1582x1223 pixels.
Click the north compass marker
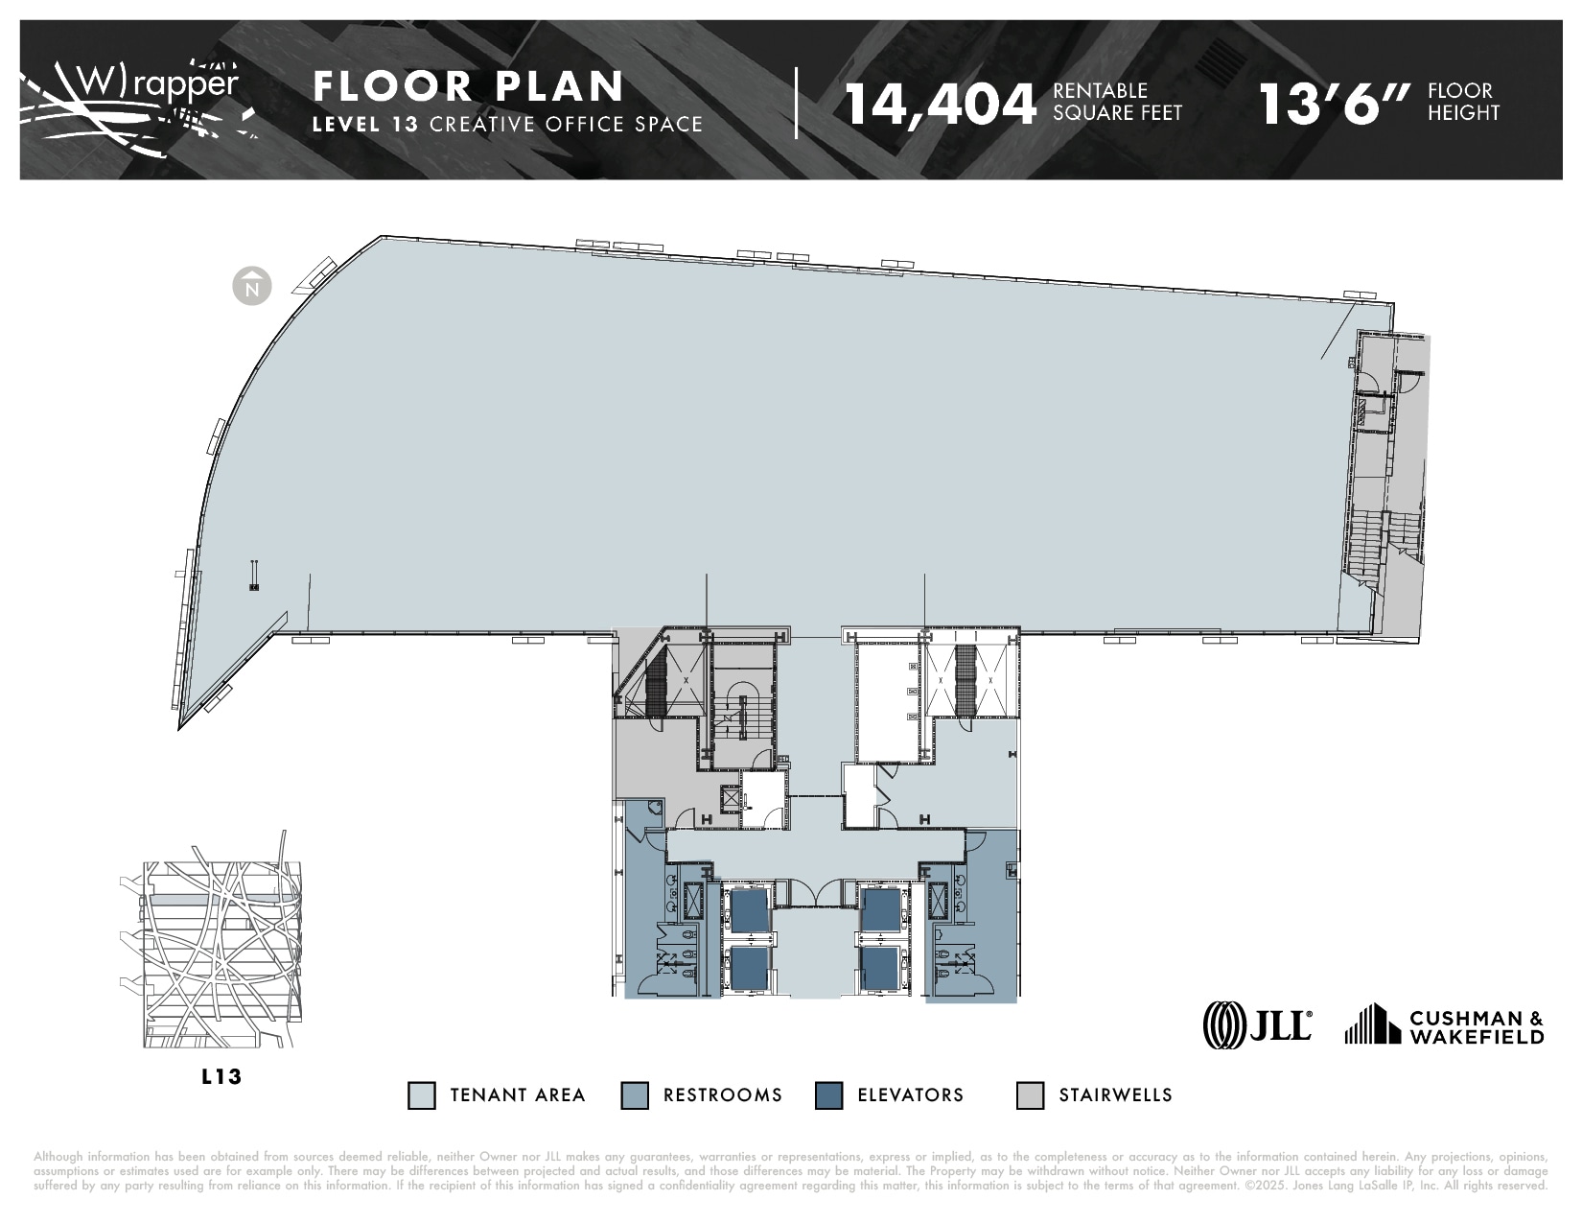[x=252, y=286]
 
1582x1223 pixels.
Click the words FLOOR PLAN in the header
[x=469, y=86]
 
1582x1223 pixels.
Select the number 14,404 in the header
[x=941, y=104]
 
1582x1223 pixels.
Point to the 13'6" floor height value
[x=1335, y=104]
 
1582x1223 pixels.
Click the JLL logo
[x=1258, y=1025]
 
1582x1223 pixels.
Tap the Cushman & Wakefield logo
[x=1444, y=1025]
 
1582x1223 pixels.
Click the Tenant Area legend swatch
[x=421, y=1095]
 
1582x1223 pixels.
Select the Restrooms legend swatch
[x=635, y=1095]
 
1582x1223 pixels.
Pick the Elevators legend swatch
[x=828, y=1095]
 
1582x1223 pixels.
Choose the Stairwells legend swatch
[x=1030, y=1095]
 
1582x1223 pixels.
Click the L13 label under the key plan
[x=221, y=1076]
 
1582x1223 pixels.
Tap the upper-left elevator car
[x=750, y=910]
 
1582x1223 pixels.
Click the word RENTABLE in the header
[x=1100, y=90]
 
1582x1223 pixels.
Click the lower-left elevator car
[x=750, y=968]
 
